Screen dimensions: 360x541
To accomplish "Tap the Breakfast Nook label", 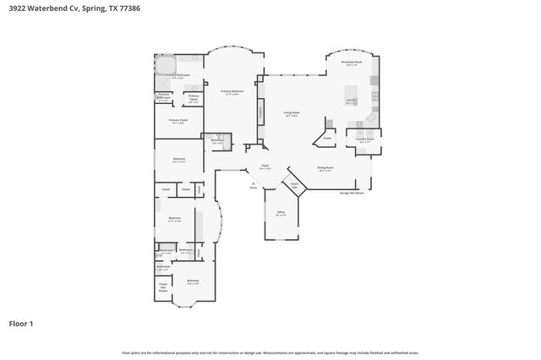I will [x=352, y=63].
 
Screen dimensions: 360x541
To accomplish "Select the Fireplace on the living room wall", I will [x=260, y=111].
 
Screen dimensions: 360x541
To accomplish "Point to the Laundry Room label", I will [x=366, y=141].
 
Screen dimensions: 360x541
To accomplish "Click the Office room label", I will [x=281, y=213].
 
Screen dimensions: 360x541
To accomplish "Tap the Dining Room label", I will [x=325, y=168].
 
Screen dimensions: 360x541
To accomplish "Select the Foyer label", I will [x=265, y=167].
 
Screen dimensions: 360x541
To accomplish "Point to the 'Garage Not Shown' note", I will [x=351, y=193].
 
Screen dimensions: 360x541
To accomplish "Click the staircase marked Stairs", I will [x=294, y=185].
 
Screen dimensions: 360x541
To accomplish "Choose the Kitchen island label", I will [x=352, y=101].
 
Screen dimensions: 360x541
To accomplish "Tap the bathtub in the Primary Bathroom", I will [x=166, y=64].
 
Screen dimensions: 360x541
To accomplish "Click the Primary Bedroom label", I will [x=232, y=91].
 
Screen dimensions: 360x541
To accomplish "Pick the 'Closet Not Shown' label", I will [x=163, y=287].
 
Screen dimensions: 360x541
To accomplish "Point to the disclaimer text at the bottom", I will [x=270, y=352].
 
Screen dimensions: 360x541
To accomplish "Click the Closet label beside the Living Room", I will [x=326, y=137].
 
